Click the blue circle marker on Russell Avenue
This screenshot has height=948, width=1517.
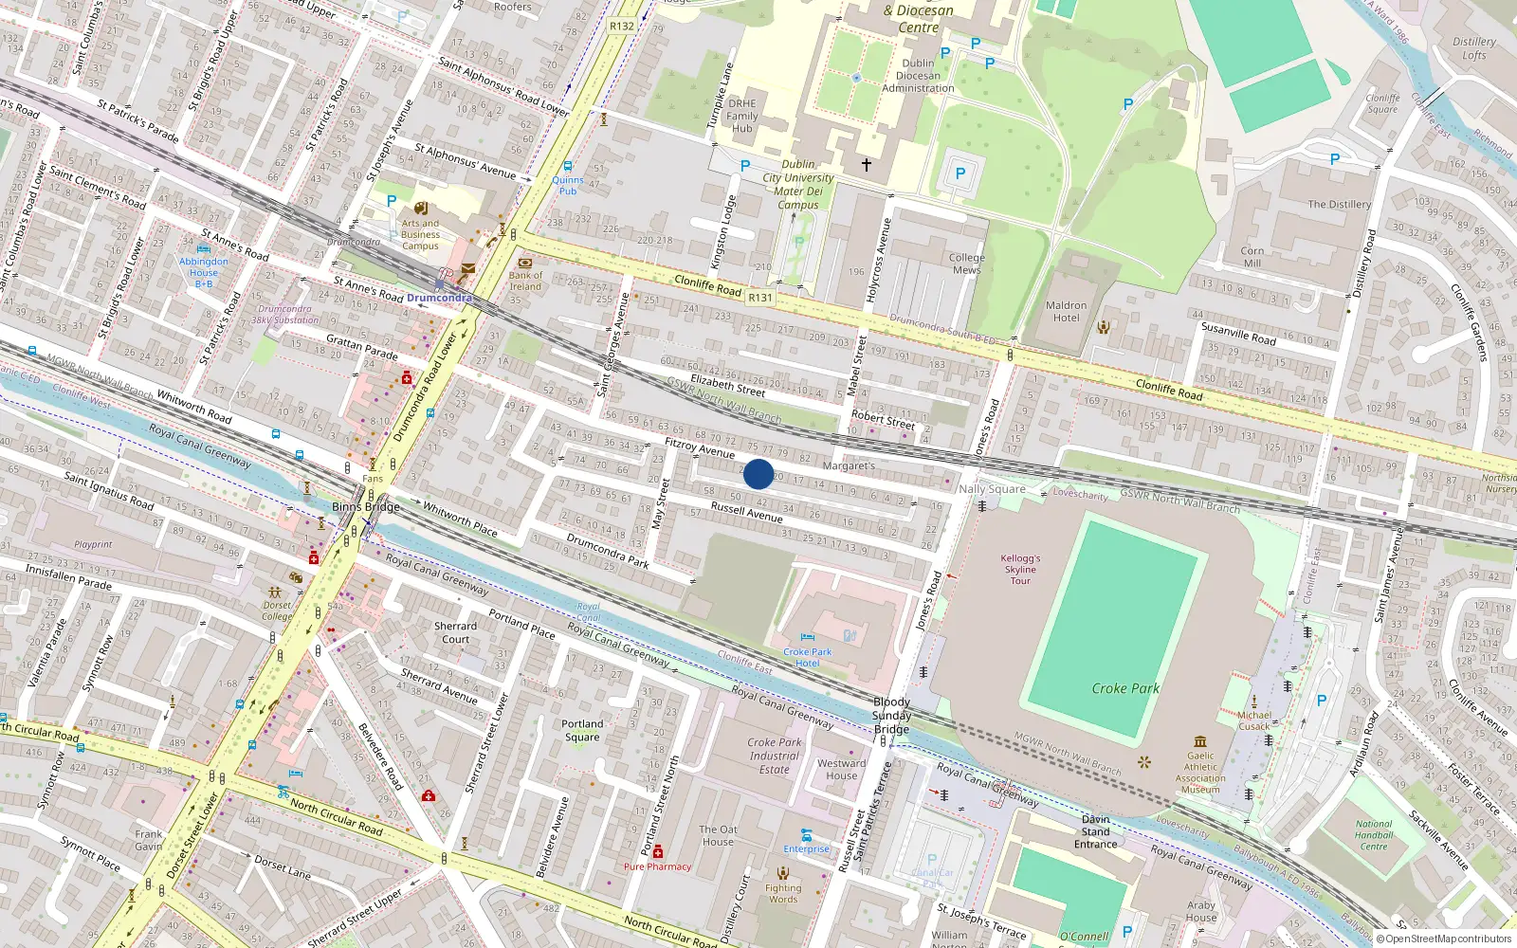[x=758, y=474]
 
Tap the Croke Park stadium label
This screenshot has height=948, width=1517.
[x=1125, y=688]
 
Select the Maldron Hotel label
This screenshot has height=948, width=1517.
[x=1066, y=312]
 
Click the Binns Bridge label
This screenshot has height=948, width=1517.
[x=365, y=507]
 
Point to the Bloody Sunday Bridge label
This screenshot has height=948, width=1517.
[x=891, y=716]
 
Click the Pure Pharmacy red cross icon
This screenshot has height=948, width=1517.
[x=658, y=851]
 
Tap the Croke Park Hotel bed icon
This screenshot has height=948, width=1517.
[x=807, y=637]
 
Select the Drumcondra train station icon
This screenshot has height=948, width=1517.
[x=439, y=283]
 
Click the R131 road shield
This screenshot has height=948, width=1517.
[x=759, y=298]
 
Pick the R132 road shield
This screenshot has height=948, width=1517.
[x=622, y=26]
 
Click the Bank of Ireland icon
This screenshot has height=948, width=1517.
[x=524, y=263]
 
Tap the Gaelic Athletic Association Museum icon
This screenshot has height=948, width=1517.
[x=1200, y=741]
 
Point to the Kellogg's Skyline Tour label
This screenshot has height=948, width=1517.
[x=1020, y=569]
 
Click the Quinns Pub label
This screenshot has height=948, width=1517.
[x=568, y=185]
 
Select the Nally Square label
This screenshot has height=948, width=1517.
[x=992, y=489]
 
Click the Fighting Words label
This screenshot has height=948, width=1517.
[x=783, y=893]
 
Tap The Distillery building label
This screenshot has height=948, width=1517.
[x=1339, y=204]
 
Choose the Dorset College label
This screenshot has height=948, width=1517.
[x=278, y=611]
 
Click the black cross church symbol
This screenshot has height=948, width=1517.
[x=866, y=165]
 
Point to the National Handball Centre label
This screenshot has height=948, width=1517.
[x=1374, y=835]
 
